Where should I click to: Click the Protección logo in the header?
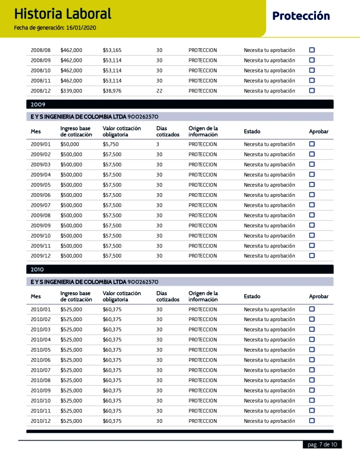[301, 16]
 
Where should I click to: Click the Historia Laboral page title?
[63, 14]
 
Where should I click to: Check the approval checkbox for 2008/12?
[312, 90]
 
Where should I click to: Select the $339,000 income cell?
[71, 91]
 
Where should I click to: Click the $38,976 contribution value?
[112, 91]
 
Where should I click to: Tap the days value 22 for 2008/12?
[159, 91]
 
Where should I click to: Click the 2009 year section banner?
[180, 104]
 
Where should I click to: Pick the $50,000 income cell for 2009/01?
[70, 144]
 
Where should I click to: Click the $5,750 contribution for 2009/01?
[111, 144]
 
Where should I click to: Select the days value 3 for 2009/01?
[158, 144]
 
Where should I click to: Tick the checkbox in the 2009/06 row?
[312, 195]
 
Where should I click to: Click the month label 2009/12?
[41, 256]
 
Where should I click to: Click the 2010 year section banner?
[180, 269]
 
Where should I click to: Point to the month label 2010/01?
[41, 309]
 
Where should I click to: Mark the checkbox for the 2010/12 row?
[312, 421]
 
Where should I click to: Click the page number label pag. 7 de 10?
[322, 444]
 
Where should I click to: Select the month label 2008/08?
[41, 50]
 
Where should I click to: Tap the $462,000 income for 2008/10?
[71, 71]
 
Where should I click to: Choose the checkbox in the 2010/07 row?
[312, 370]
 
